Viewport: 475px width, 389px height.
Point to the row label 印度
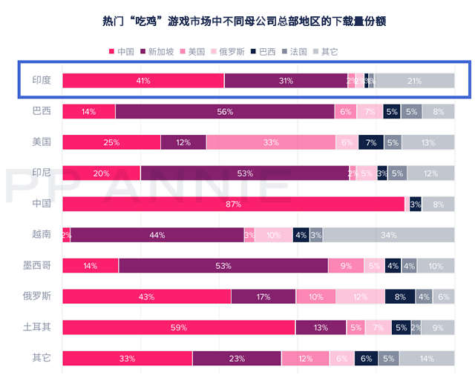pos(42,81)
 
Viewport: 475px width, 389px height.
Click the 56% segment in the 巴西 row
pos(225,112)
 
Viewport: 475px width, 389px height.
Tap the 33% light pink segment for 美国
pos(270,142)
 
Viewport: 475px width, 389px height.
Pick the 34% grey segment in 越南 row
pos(388,235)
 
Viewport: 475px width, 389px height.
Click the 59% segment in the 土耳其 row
pos(178,328)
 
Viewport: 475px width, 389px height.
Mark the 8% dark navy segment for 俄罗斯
pos(400,296)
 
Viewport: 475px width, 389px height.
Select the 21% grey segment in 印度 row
pos(414,81)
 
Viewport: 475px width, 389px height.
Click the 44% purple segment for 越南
pos(157,235)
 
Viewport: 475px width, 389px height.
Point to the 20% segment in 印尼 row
pos(101,173)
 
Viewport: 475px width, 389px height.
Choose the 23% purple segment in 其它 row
pos(237,358)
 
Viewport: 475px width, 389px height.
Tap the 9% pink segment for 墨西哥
pos(346,265)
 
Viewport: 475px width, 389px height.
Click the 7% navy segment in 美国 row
pos(371,142)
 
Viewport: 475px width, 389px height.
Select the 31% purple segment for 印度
pos(286,81)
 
